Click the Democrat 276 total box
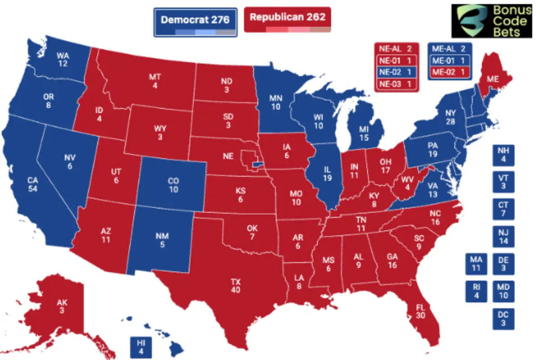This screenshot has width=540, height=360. tap(195, 21)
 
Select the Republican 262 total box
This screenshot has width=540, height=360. tap(288, 20)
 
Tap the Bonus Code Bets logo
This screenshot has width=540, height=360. tap(495, 21)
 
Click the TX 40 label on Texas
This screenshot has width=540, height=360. tap(235, 285)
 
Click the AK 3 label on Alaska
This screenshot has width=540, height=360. tap(62, 307)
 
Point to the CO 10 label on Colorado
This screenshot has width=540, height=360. tap(173, 185)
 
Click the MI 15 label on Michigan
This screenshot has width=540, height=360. tap(364, 134)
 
